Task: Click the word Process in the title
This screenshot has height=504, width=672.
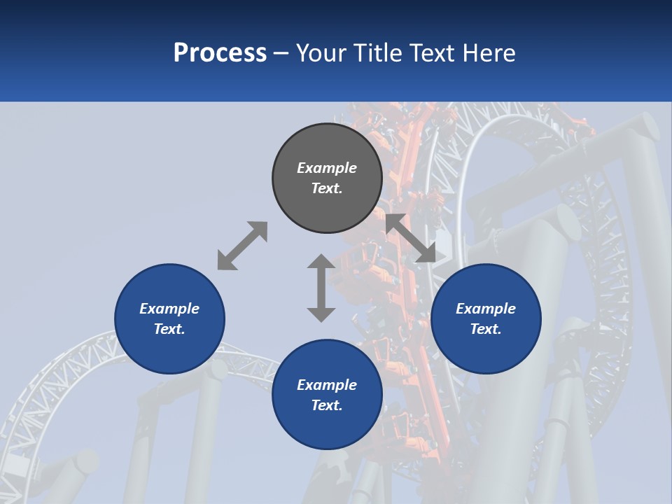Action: click(220, 53)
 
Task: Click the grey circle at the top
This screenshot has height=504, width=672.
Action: click(327, 178)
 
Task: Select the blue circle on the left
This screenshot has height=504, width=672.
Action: click(169, 318)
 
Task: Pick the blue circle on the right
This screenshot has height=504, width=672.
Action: click(486, 318)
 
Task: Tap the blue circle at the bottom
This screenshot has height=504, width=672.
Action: click(327, 394)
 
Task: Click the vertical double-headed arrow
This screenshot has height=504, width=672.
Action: click(321, 288)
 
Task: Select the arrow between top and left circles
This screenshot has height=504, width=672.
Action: click(243, 246)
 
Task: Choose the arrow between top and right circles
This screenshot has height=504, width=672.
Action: click(411, 238)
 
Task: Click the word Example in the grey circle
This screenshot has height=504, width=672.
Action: click(327, 168)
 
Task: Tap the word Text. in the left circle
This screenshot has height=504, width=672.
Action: click(169, 329)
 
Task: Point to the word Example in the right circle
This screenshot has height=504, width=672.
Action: click(486, 309)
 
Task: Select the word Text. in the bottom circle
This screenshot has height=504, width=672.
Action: click(327, 405)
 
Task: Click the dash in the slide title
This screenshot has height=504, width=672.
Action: click(281, 55)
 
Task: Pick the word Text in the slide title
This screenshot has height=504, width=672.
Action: click(433, 53)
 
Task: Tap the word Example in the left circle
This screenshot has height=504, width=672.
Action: click(169, 309)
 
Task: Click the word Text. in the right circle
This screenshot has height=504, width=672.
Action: click(486, 329)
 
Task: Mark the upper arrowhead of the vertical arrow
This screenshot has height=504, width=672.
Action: click(321, 261)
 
